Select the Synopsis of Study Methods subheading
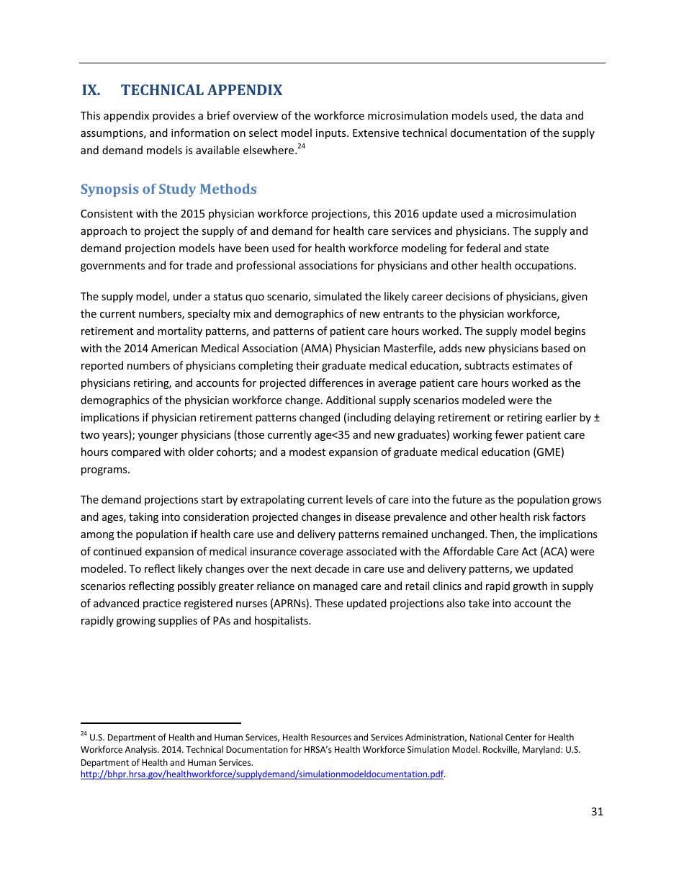click(x=168, y=189)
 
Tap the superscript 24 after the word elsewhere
click(x=302, y=147)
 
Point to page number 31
click(x=597, y=812)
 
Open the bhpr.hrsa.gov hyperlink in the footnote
click(x=261, y=774)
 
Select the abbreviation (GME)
click(x=549, y=452)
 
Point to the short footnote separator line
click(x=161, y=723)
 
